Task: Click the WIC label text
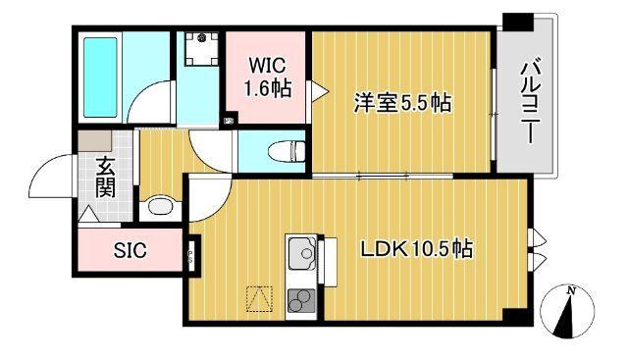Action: pyautogui.click(x=267, y=65)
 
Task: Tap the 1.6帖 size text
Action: pyautogui.click(x=267, y=87)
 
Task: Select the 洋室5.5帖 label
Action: pyautogui.click(x=401, y=102)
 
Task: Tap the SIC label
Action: pyautogui.click(x=131, y=251)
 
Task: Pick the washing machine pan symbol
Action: pyautogui.click(x=202, y=48)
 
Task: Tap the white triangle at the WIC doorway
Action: pyautogui.click(x=317, y=90)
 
